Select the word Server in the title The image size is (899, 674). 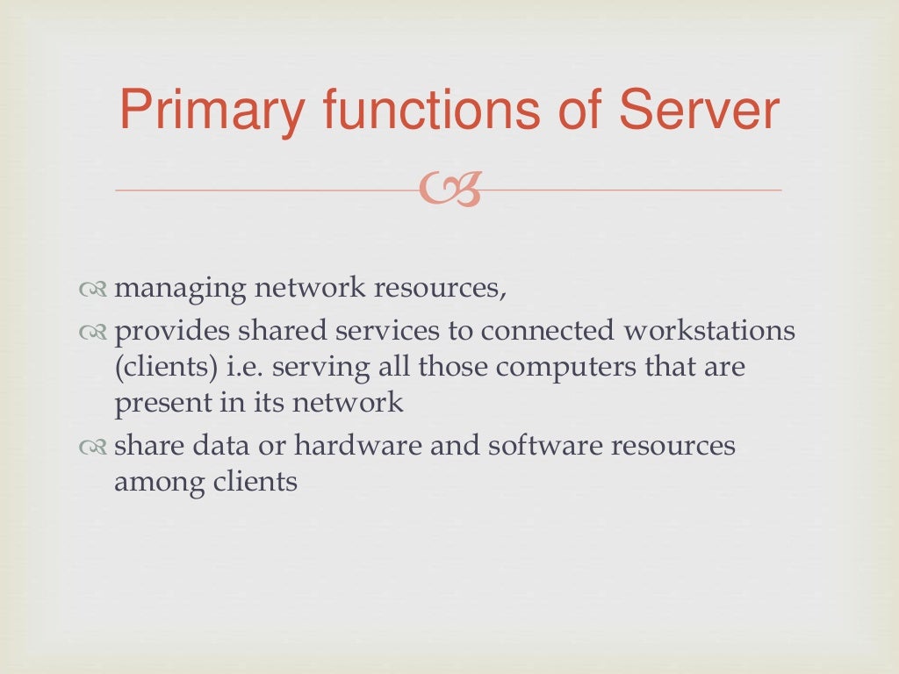point(700,111)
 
